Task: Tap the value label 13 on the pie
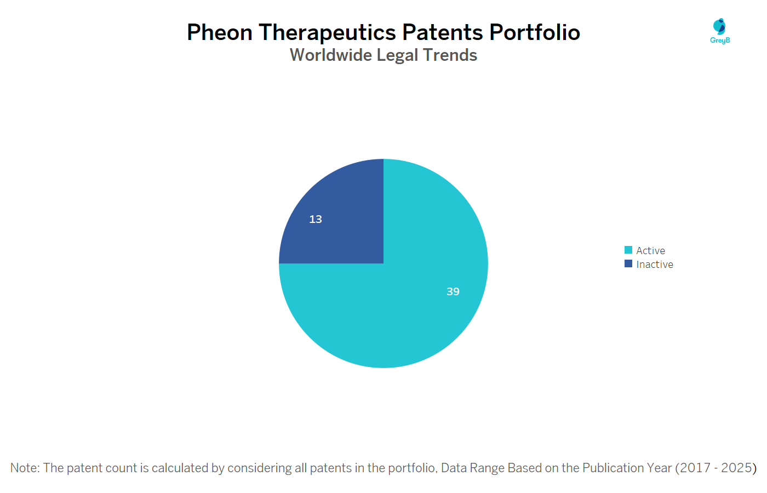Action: pyautogui.click(x=316, y=219)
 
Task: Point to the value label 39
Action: pyautogui.click(x=453, y=291)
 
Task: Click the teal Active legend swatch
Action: pyautogui.click(x=628, y=250)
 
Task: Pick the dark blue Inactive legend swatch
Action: pyautogui.click(x=628, y=263)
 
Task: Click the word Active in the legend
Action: pyautogui.click(x=651, y=251)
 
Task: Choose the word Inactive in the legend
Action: pyautogui.click(x=655, y=264)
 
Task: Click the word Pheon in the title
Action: pyautogui.click(x=220, y=32)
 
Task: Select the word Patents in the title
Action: pyautogui.click(x=443, y=32)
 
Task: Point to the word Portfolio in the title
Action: pyautogui.click(x=535, y=32)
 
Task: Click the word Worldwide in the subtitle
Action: pyautogui.click(x=331, y=55)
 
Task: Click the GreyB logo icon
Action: pyautogui.click(x=719, y=27)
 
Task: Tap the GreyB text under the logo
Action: pyautogui.click(x=720, y=41)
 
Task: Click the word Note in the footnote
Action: pyautogui.click(x=25, y=468)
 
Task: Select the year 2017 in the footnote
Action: pyautogui.click(x=696, y=468)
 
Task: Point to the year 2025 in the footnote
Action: pyautogui.click(x=736, y=468)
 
